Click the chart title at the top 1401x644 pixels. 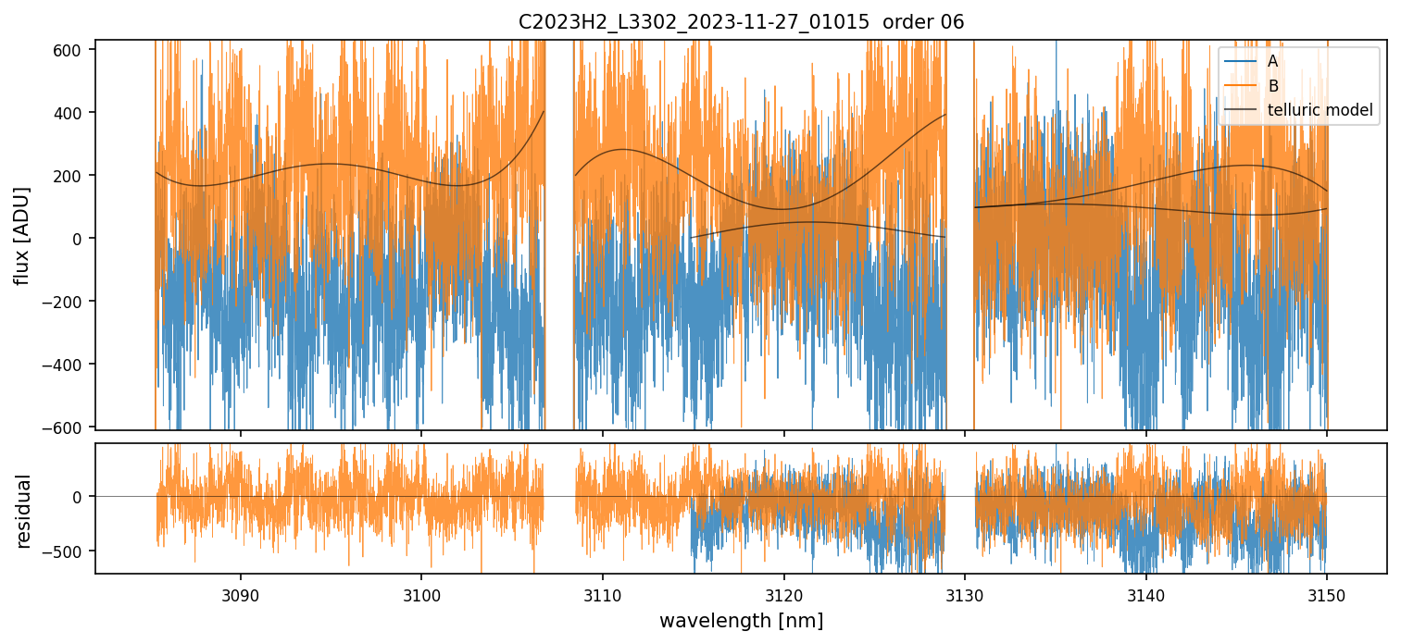[741, 22]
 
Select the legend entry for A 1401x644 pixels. [1272, 61]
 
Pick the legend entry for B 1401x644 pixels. [1273, 86]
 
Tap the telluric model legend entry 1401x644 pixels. [1320, 111]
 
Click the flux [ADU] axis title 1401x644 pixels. [22, 235]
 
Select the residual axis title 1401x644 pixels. [22, 511]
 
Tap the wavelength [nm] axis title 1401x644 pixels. [741, 620]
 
